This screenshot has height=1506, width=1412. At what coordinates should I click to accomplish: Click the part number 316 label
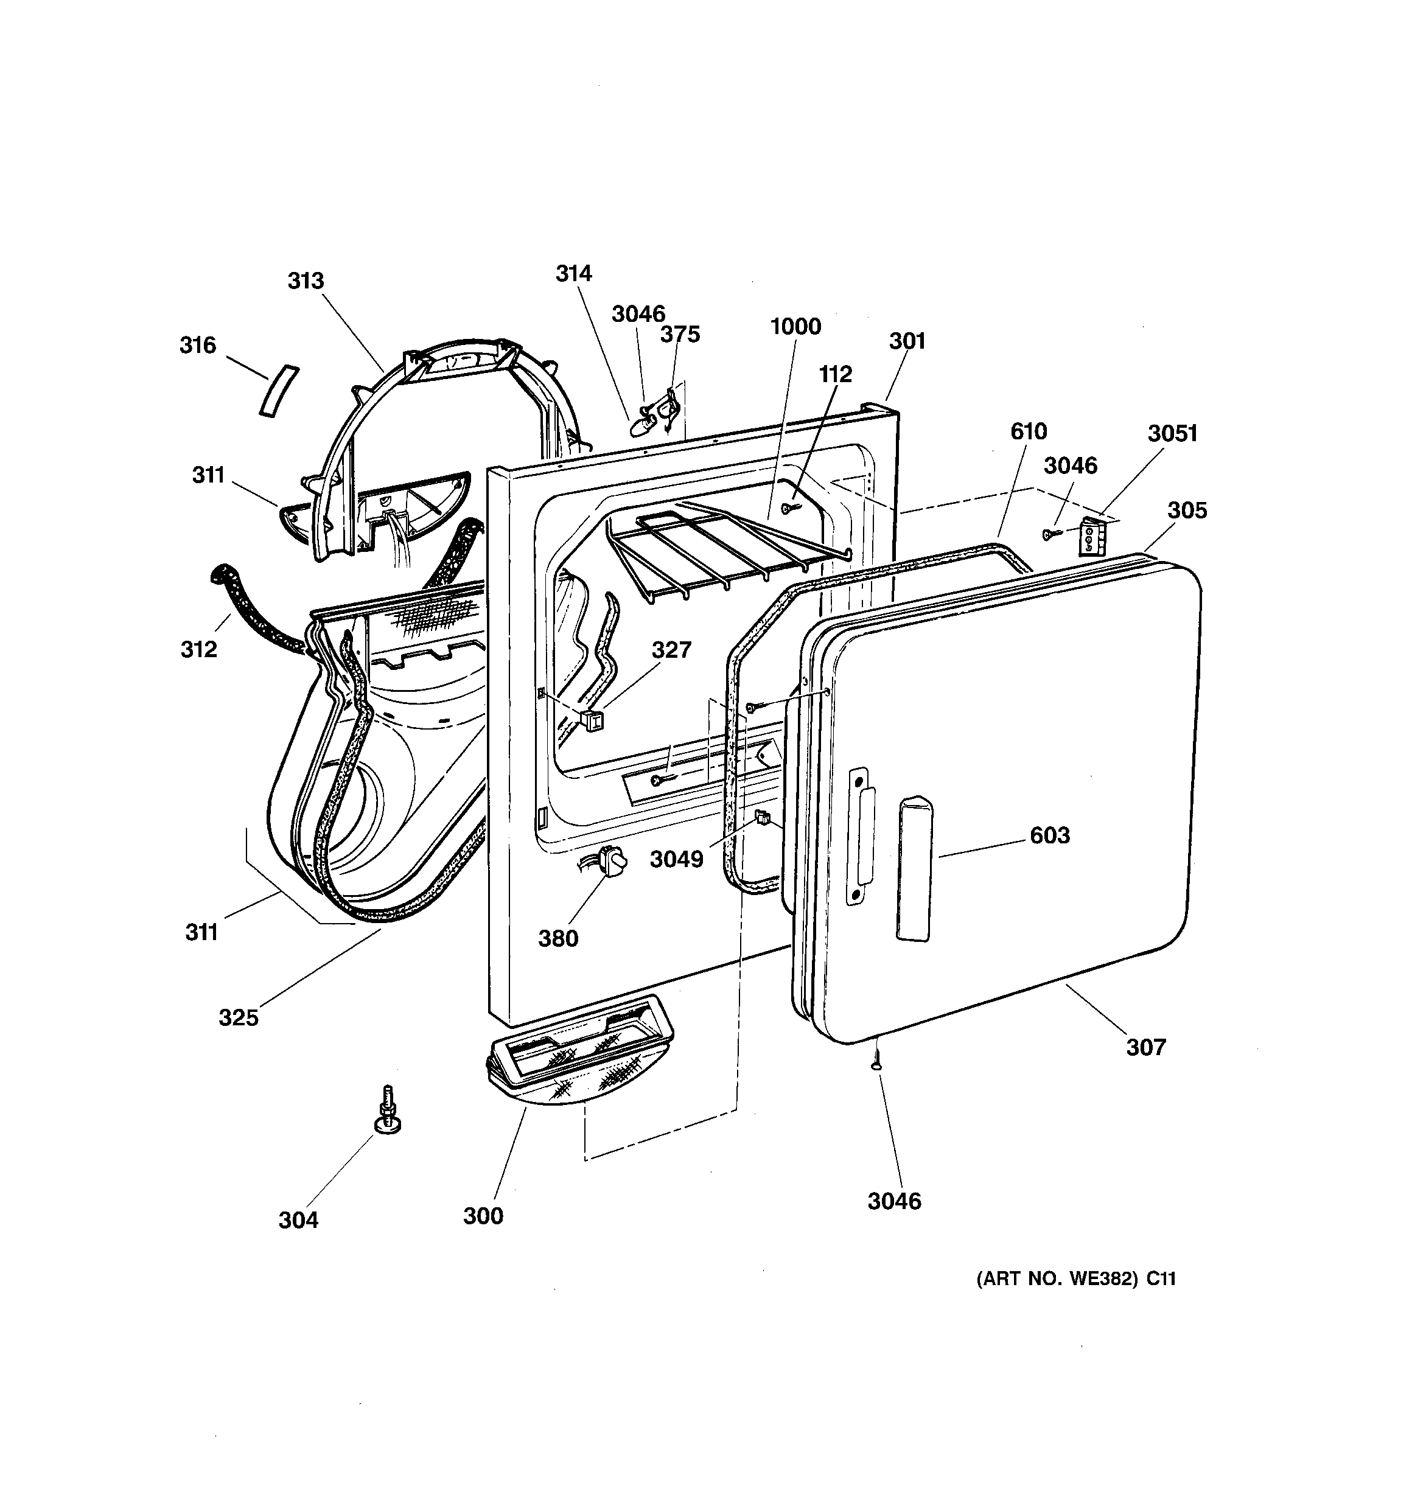[197, 346]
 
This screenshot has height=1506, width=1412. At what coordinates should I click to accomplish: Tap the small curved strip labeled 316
[279, 391]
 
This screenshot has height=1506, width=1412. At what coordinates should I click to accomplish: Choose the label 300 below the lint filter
[483, 1215]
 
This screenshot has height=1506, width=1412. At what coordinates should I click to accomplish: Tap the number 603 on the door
[1050, 835]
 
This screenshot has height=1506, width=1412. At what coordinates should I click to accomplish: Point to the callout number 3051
[1172, 433]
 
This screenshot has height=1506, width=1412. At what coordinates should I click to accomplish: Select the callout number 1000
[795, 327]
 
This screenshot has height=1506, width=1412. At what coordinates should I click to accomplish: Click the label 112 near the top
[835, 374]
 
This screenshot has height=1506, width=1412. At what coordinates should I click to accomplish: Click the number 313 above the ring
[306, 281]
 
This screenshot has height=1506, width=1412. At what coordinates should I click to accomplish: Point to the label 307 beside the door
[1145, 1047]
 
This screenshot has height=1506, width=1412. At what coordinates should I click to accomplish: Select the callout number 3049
[676, 859]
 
